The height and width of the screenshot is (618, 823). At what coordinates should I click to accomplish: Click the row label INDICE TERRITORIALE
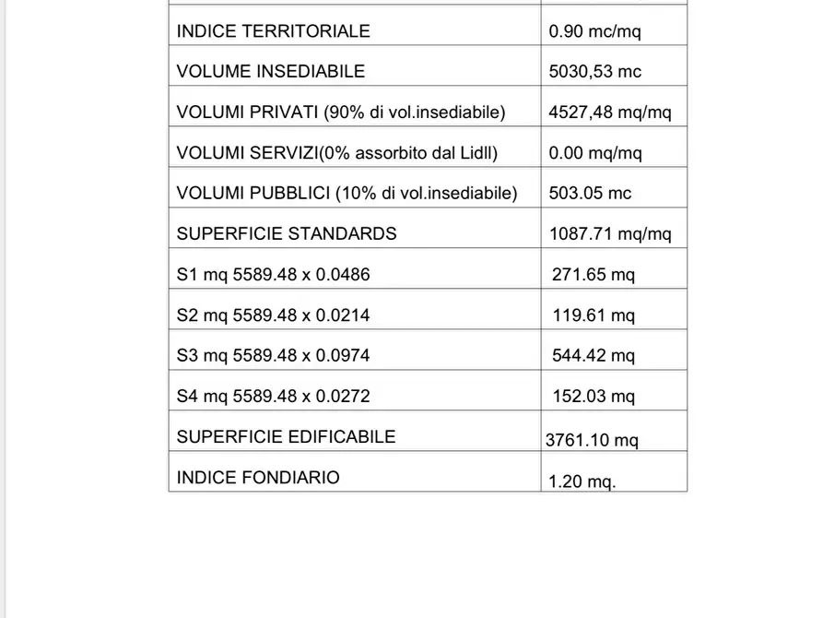point(273,31)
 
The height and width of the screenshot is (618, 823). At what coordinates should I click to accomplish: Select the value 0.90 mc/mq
point(594,31)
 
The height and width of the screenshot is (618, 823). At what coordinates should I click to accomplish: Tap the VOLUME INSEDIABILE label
point(270,72)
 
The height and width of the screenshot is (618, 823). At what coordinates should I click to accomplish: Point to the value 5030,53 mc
point(594,72)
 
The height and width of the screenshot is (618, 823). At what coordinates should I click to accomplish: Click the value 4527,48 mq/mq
point(610,113)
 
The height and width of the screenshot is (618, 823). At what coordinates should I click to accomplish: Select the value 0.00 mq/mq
point(595,153)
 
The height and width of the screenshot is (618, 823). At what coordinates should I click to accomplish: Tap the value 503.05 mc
point(590,194)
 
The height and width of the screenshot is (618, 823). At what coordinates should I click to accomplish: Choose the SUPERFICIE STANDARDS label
point(287,234)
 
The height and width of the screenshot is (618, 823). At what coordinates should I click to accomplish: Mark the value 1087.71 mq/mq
point(610,234)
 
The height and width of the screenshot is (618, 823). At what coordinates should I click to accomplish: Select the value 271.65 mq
point(594,275)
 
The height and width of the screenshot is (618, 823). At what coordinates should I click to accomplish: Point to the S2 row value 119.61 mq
point(594,315)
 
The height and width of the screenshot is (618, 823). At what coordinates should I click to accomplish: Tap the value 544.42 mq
point(594,356)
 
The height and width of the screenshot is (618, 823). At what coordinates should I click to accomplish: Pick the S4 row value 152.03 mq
point(594,397)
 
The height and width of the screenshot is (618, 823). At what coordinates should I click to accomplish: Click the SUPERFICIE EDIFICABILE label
point(286,437)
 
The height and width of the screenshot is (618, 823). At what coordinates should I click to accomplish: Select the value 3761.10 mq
point(592,441)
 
